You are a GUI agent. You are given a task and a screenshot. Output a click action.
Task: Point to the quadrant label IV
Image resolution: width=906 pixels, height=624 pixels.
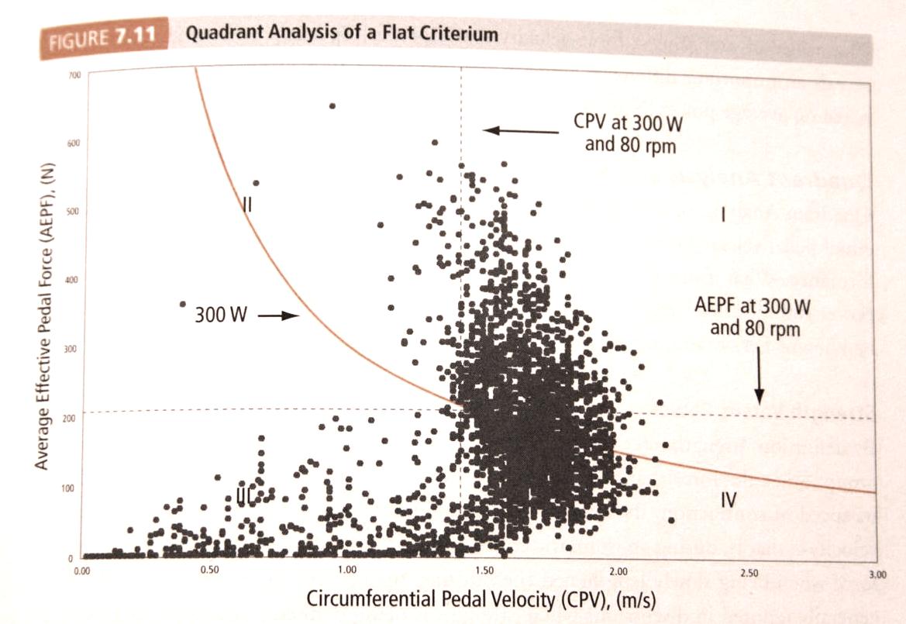click(727, 500)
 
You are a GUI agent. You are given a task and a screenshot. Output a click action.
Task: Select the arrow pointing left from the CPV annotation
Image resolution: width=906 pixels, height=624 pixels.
click(520, 131)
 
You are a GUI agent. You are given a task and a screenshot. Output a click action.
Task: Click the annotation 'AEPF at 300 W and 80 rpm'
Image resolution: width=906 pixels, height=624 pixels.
click(753, 316)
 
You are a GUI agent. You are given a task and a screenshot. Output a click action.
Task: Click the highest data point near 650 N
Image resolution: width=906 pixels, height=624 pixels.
click(332, 105)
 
